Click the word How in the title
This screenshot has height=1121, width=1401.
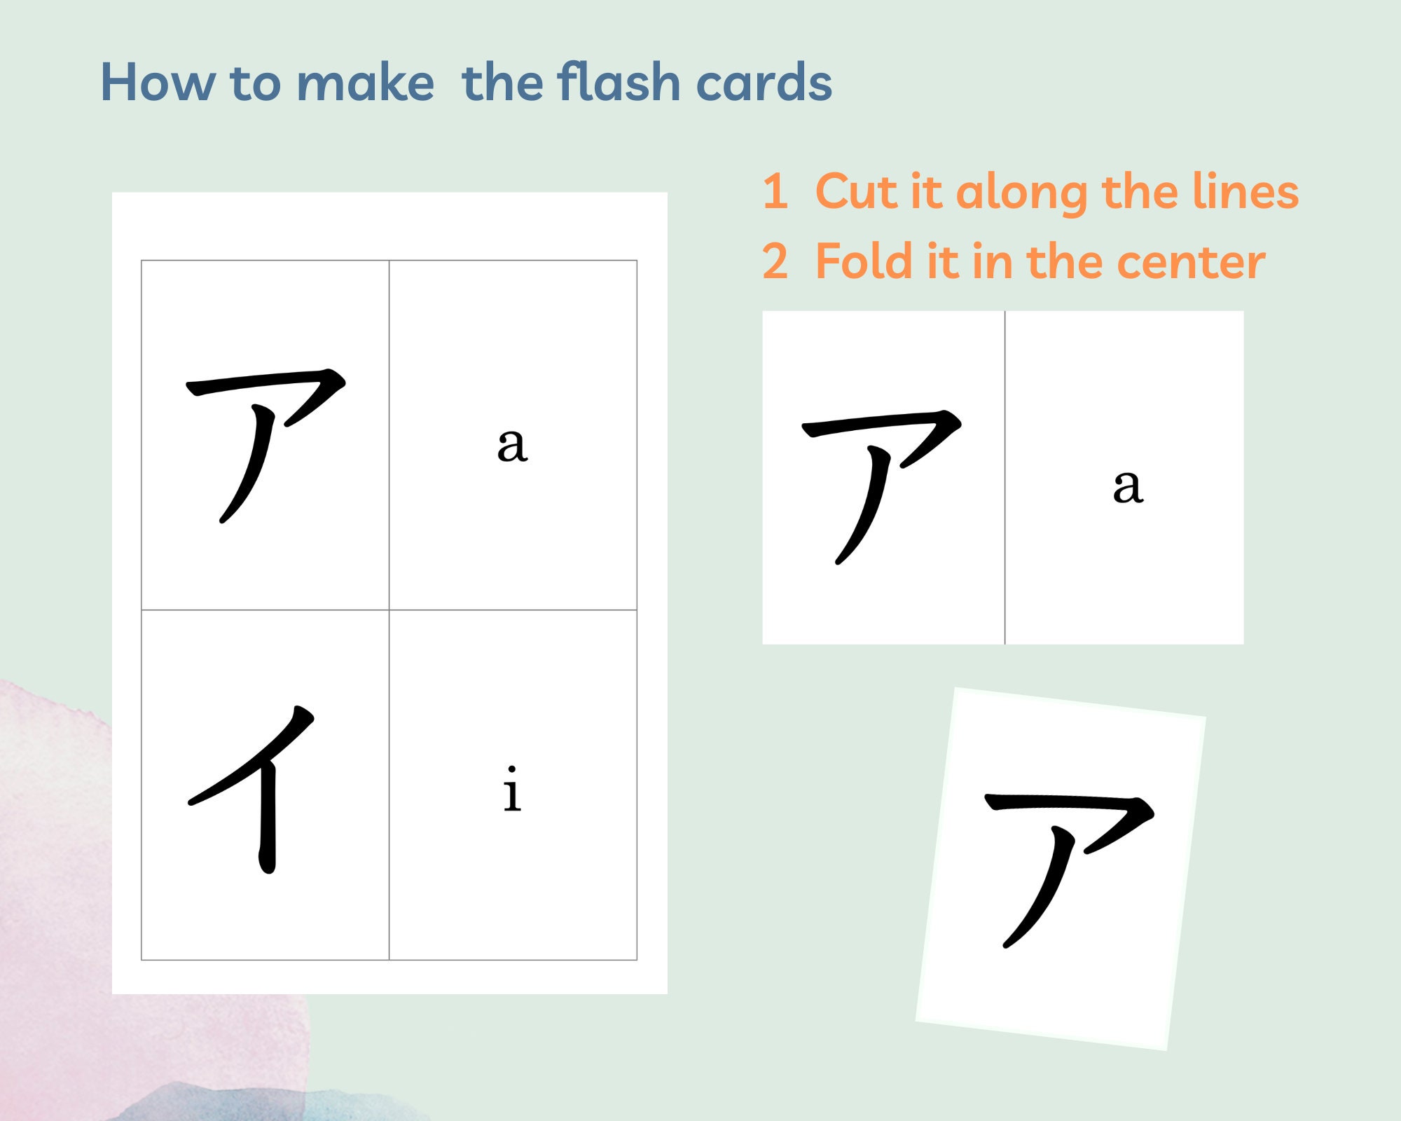tap(158, 83)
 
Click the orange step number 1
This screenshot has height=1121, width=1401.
tap(775, 191)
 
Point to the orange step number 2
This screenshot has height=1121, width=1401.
tap(775, 261)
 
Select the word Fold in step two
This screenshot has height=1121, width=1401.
tap(864, 261)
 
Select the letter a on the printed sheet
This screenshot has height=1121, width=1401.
tap(512, 445)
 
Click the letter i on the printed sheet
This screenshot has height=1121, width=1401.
tap(512, 790)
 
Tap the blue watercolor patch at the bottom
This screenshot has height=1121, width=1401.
tap(231, 1103)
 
